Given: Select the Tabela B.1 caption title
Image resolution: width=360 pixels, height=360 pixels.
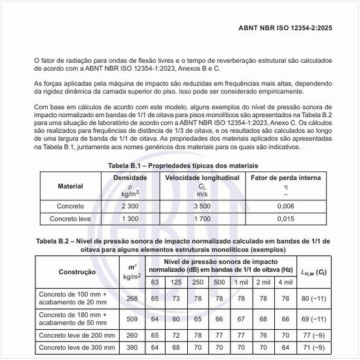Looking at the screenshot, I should pos(179,166).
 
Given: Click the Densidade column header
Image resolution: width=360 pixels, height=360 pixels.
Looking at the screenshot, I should pos(130,177).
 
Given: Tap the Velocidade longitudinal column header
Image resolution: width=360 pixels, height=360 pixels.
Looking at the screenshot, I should pos(202,177).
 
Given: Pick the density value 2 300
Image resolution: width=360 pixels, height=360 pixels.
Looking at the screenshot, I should pos(130,206).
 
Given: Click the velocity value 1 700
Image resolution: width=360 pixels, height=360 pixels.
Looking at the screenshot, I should pos(202,218).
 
